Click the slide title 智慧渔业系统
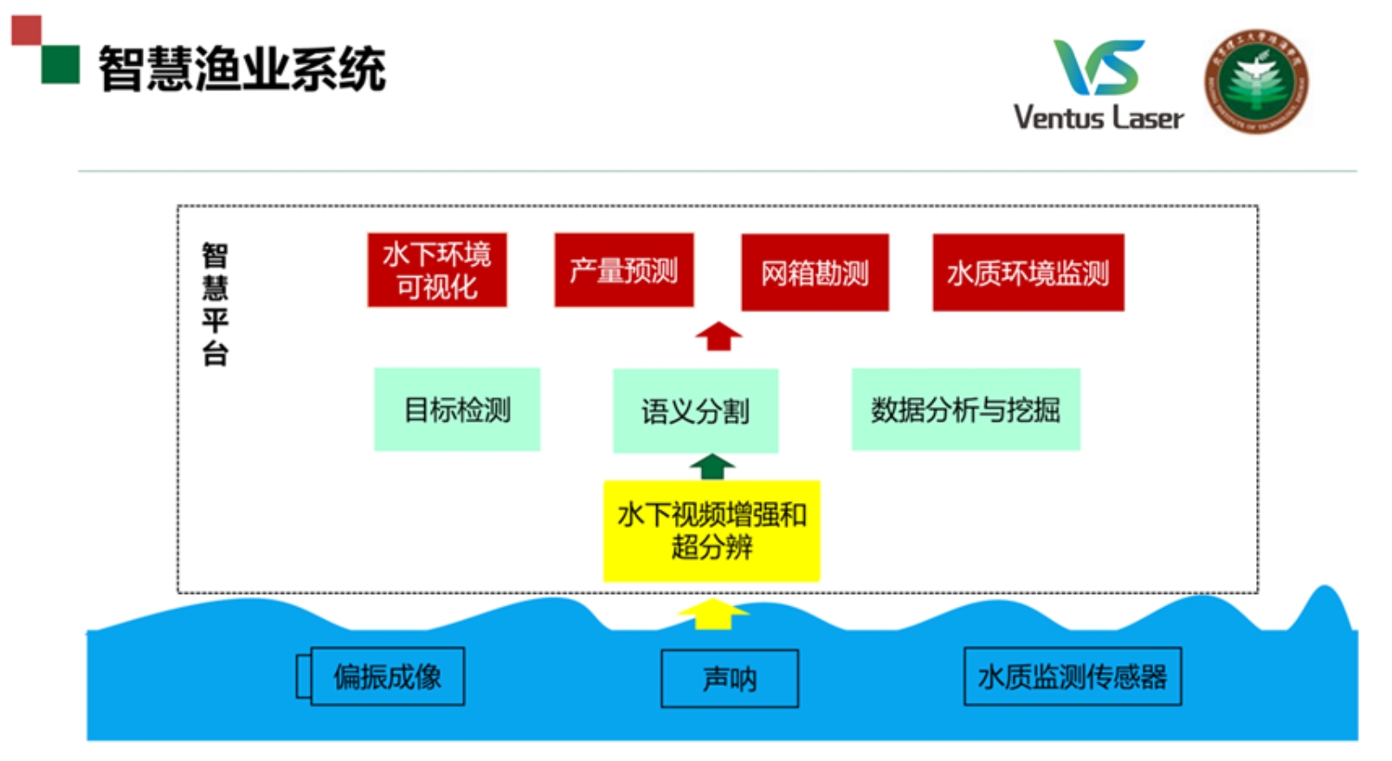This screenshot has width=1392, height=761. tap(242, 69)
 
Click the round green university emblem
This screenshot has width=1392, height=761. tap(1257, 82)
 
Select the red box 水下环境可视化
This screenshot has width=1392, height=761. tap(436, 270)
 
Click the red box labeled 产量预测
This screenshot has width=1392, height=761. tap(623, 270)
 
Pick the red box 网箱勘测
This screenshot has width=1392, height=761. tap(815, 273)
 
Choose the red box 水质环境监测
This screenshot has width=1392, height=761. tap(1028, 273)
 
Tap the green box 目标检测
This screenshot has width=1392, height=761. tap(457, 410)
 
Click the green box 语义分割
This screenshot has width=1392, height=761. tap(695, 411)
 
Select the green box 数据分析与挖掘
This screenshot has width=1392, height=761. tap(965, 410)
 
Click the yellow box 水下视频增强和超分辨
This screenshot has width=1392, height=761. tap(712, 531)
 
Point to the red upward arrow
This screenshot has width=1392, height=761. tap(719, 336)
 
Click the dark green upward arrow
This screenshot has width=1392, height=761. tap(712, 467)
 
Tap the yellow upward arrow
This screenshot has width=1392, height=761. tap(712, 613)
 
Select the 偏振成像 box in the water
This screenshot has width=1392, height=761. tap(387, 676)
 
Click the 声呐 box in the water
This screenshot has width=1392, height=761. tap(729, 679)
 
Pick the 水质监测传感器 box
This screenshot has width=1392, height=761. tap(1073, 676)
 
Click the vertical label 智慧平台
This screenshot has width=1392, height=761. tap(215, 304)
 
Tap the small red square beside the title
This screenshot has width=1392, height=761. tap(26, 30)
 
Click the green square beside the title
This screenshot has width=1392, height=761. tap(61, 65)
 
